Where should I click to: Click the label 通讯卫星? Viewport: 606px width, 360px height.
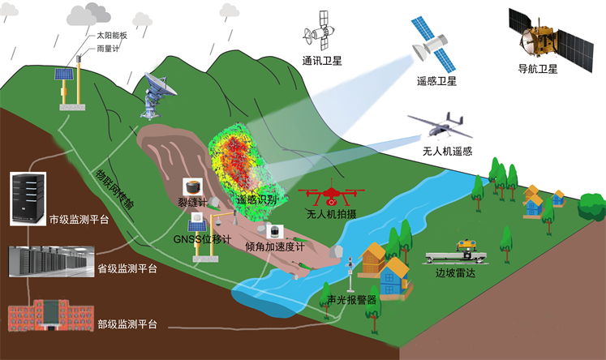[323, 60]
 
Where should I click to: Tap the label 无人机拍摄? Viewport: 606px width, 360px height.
[332, 215]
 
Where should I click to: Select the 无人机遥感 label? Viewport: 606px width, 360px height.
[447, 150]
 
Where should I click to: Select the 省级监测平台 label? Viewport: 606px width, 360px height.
[127, 268]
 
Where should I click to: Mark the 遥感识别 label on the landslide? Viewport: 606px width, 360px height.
[256, 199]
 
